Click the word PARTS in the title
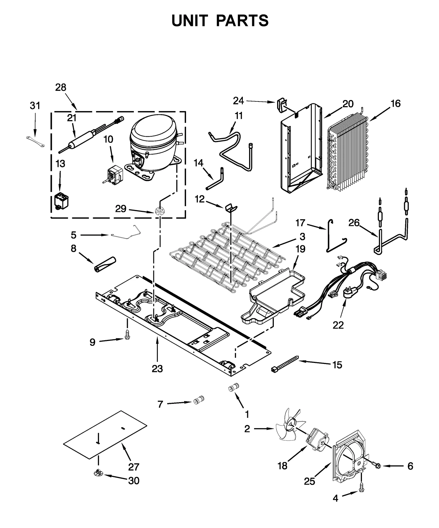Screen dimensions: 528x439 tap(242, 21)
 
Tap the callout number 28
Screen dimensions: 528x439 tap(61, 87)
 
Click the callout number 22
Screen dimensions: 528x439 tap(338, 325)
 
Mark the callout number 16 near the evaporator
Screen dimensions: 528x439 tap(396, 103)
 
